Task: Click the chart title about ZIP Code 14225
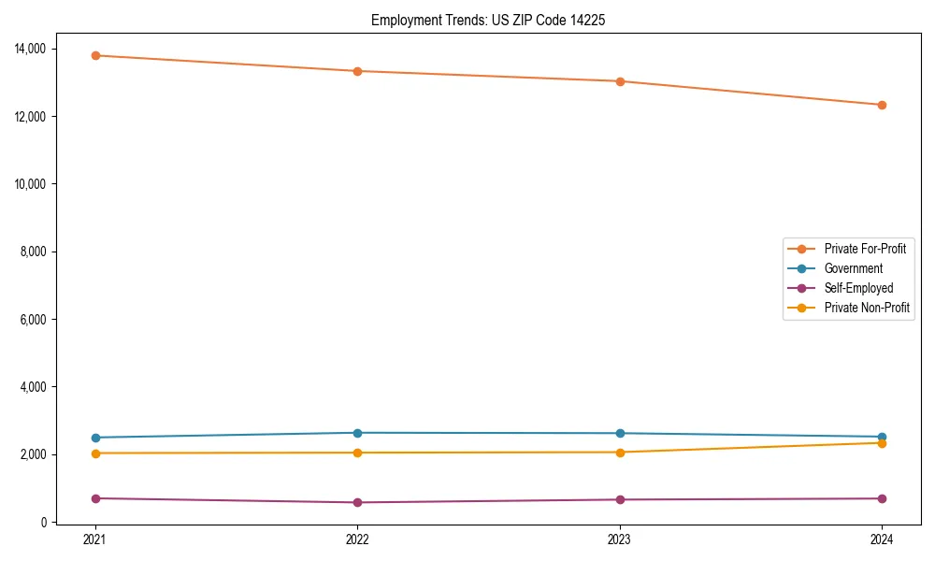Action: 487,20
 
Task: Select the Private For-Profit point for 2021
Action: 95,55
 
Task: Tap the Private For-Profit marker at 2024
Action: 882,105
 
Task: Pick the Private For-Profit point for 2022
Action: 357,71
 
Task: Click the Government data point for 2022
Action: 357,433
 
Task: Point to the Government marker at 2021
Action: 95,438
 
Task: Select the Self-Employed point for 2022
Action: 357,502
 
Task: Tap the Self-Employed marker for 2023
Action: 620,499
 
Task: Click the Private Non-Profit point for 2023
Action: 620,453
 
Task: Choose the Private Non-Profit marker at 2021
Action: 95,453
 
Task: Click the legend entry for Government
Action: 853,268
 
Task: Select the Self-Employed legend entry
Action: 858,288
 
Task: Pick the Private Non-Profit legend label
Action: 867,308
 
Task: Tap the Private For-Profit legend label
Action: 865,249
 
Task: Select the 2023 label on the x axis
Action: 620,539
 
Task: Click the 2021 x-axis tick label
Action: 95,539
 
